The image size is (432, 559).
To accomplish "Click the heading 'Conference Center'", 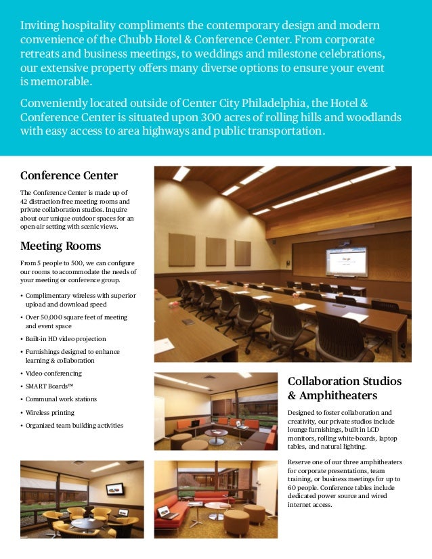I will pos(69,176).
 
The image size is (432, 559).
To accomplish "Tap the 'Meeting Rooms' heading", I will pos(61,245).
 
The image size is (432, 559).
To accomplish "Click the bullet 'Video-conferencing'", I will pos(53,373).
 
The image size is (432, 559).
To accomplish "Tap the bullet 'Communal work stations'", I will pos(61,399).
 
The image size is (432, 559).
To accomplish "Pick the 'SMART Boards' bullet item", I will pos(49,386).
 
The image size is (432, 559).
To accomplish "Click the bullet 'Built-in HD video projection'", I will pos(66,338).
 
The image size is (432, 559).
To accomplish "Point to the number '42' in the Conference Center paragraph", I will pos(24,202).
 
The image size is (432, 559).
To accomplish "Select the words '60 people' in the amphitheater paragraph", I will pos(305,488).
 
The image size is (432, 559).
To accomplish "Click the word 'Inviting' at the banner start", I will pos(39,26).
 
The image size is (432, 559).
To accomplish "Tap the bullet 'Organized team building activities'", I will pos(74,426).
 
